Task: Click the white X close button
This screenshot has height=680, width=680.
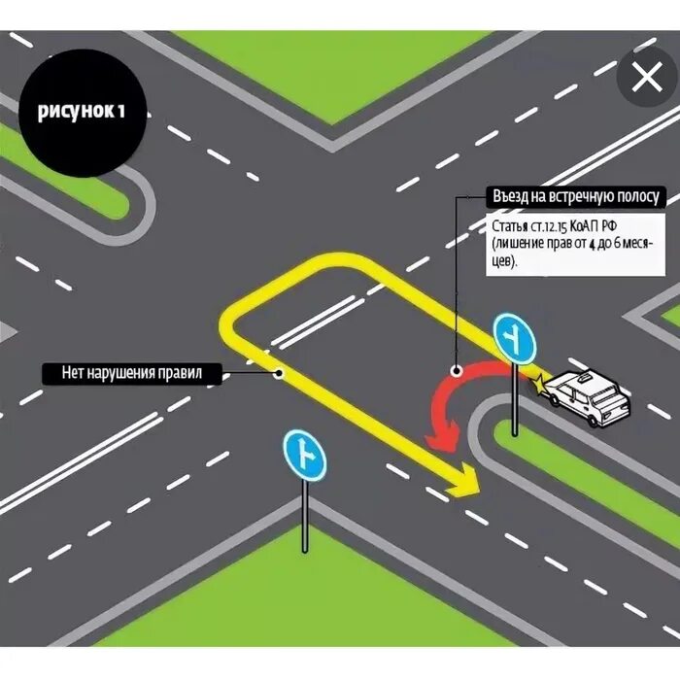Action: pyautogui.click(x=646, y=79)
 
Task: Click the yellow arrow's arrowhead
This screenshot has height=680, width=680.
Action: pyautogui.click(x=464, y=480)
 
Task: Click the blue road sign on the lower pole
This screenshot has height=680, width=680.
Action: pyautogui.click(x=304, y=454)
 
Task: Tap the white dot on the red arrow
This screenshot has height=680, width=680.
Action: pyautogui.click(x=456, y=369)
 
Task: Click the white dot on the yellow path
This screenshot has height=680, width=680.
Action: pyautogui.click(x=279, y=371)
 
